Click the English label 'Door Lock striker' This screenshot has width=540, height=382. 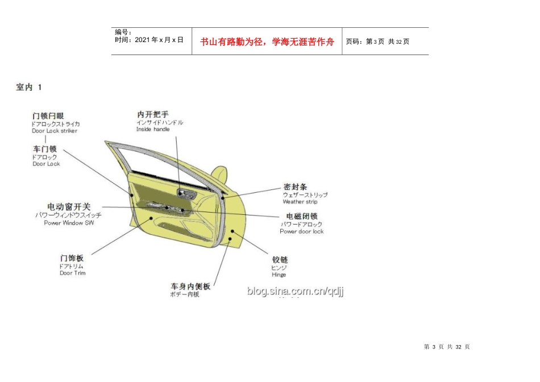55,131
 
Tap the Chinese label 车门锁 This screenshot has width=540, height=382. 45,150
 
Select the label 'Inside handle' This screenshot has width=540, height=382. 153,130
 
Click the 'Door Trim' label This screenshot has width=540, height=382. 73,273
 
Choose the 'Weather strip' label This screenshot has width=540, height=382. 300,202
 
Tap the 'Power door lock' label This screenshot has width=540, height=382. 301,231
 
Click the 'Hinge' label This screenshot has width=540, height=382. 279,275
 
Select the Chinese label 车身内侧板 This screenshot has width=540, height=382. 190,286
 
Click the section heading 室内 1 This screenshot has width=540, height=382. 29,87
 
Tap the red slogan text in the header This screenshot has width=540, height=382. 267,41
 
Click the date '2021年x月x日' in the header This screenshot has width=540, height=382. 149,40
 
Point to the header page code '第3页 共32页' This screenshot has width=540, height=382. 377,41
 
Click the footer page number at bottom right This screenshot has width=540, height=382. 447,347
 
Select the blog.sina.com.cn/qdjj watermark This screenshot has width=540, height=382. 295,292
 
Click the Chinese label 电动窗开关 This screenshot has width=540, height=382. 69,207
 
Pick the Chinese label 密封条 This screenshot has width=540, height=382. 295,186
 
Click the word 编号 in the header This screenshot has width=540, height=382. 123,32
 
